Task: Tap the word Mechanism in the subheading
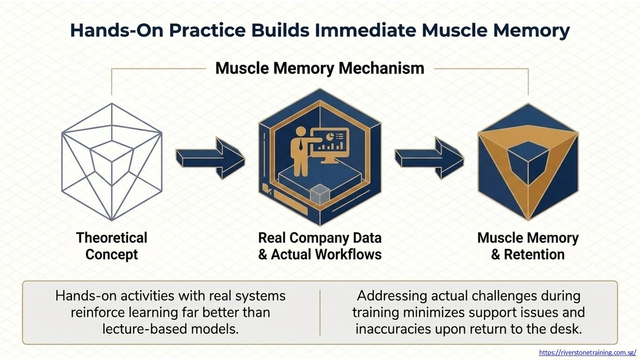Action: tap(382, 68)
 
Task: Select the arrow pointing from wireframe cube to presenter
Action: tap(210, 158)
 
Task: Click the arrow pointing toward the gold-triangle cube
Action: tap(430, 158)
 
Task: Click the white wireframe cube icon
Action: tap(112, 162)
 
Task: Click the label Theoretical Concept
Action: tap(112, 246)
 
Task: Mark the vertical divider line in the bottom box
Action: tap(320, 312)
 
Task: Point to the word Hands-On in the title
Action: tap(116, 30)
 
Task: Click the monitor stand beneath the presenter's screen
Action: tap(330, 160)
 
